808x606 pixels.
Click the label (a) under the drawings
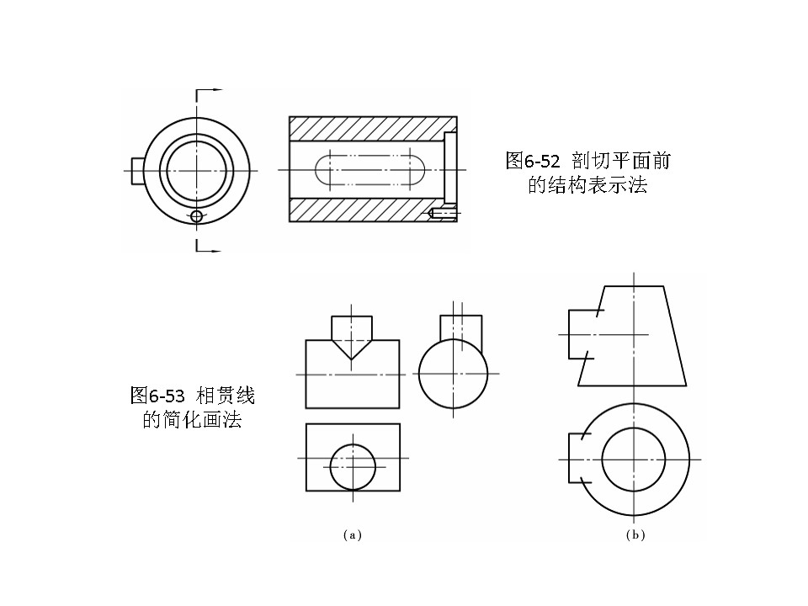[x=353, y=534]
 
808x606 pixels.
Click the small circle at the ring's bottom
[x=197, y=216]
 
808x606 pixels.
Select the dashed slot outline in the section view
[x=370, y=170]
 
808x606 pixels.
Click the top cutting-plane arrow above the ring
[x=210, y=89]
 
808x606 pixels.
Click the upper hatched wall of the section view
[x=366, y=128]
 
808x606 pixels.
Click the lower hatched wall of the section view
[x=358, y=210]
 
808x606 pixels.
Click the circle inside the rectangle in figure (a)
[x=353, y=466]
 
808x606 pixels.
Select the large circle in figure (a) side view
[x=453, y=373]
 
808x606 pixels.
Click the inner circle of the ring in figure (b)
[x=634, y=459]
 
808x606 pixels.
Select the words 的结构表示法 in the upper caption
[x=587, y=185]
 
